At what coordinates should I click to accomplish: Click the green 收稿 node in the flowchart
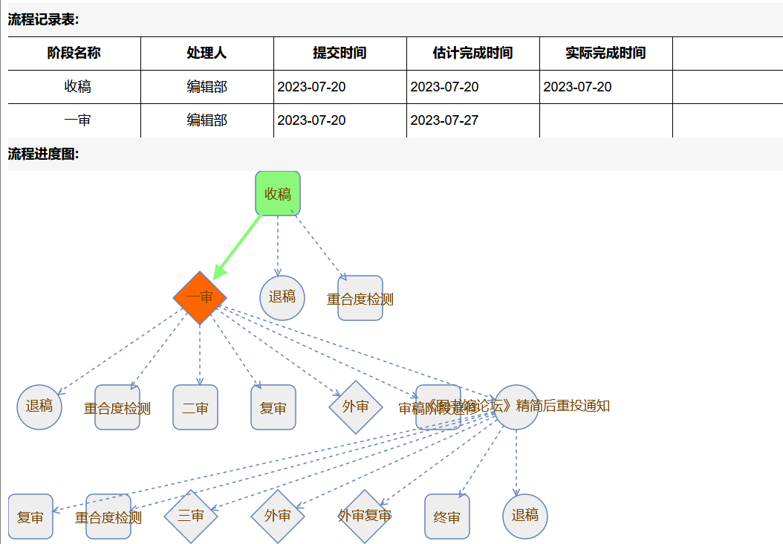pyautogui.click(x=278, y=194)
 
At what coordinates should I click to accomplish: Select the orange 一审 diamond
pyautogui.click(x=200, y=297)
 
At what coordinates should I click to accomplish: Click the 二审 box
pyautogui.click(x=195, y=407)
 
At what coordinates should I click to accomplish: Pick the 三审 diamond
pyautogui.click(x=191, y=516)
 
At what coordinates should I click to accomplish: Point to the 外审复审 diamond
pyautogui.click(x=364, y=516)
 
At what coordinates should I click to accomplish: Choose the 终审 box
pyautogui.click(x=447, y=517)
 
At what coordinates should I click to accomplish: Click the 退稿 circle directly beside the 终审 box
pyautogui.click(x=525, y=516)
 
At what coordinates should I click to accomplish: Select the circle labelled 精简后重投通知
pyautogui.click(x=516, y=407)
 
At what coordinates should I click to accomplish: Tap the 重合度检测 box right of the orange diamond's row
pyautogui.click(x=360, y=299)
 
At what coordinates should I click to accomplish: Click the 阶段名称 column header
pyautogui.click(x=74, y=54)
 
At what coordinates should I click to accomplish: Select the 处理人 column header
pyautogui.click(x=207, y=54)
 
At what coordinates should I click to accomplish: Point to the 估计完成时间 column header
pyautogui.click(x=472, y=54)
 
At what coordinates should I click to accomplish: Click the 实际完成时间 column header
pyautogui.click(x=605, y=54)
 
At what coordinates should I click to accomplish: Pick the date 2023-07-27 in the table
pyautogui.click(x=445, y=120)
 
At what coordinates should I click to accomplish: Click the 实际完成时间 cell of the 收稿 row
pyautogui.click(x=578, y=87)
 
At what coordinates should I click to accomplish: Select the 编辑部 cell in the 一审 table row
pyautogui.click(x=207, y=120)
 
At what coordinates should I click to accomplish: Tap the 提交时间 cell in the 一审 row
pyautogui.click(x=312, y=120)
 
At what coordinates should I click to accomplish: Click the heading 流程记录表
pyautogui.click(x=43, y=20)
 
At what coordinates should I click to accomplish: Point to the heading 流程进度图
pyautogui.click(x=43, y=155)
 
